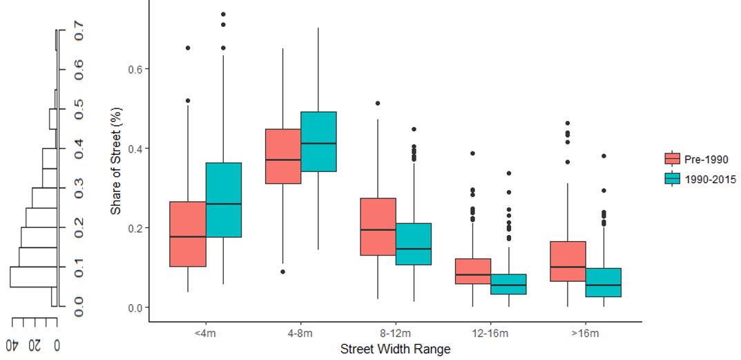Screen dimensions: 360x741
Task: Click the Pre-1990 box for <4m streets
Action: (188, 234)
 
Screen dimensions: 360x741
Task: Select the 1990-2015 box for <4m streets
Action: (223, 200)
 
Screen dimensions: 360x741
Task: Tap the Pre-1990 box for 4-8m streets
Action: (283, 156)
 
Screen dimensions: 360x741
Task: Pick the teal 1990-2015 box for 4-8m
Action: (318, 142)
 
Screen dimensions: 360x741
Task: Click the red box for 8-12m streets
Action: (378, 227)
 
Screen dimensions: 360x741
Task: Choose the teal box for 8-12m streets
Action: (413, 244)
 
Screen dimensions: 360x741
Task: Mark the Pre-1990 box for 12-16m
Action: (473, 271)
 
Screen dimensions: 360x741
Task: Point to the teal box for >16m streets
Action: (604, 283)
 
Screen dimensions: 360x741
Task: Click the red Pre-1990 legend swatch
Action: (673, 159)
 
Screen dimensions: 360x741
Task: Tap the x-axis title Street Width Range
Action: (395, 350)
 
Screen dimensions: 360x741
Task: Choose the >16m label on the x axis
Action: (586, 334)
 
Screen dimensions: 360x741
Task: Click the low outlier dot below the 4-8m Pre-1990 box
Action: (283, 272)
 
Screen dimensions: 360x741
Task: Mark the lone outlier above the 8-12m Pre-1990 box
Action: (378, 103)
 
